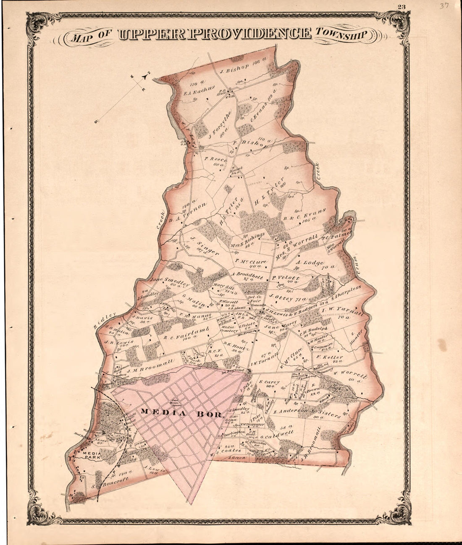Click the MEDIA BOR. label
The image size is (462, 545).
click(x=181, y=413)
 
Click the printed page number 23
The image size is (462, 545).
click(x=401, y=6)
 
